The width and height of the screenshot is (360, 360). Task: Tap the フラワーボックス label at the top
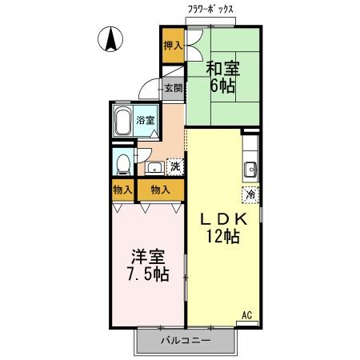click(210, 9)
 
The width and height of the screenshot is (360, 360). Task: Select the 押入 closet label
click(172, 46)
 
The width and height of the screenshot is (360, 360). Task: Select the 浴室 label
click(146, 120)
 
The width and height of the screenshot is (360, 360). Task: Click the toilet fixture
click(122, 164)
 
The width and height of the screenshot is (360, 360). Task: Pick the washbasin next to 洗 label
click(154, 168)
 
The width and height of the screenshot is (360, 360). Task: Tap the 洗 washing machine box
click(174, 167)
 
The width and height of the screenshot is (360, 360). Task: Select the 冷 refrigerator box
click(250, 193)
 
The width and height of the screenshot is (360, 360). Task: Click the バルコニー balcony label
click(185, 340)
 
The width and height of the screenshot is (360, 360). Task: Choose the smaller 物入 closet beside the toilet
click(122, 190)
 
